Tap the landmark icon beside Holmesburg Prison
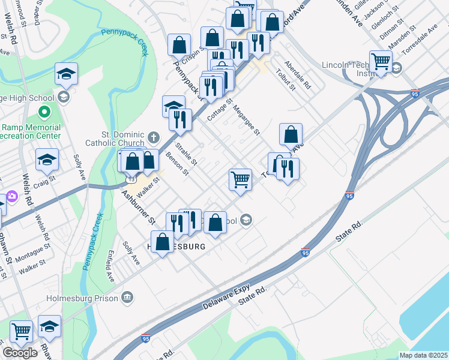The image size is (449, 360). tap(127, 296)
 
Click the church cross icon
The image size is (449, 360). tap(154, 137)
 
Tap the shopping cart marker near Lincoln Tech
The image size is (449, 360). tap(381, 61)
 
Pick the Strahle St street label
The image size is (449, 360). tap(186, 154)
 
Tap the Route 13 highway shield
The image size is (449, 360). tap(130, 179)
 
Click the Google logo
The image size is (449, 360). tap(20, 353)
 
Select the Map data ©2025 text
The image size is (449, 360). tap(424, 355)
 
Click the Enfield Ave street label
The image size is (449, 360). tap(110, 267)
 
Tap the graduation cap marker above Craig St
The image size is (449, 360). tap(47, 160)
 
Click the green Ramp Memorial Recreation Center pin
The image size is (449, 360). tap(43, 112)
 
